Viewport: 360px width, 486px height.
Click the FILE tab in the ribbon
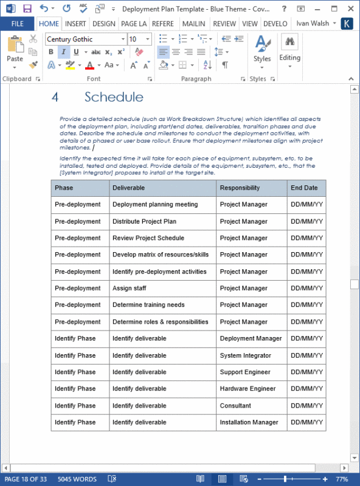17,24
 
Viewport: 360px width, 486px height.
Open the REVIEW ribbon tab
224,24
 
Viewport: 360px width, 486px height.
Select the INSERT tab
75,24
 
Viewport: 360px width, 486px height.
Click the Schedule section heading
114,97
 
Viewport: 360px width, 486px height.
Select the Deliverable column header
128,188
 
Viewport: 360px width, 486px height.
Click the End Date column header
304,188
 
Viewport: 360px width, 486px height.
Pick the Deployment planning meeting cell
155,205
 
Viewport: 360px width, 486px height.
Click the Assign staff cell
130,289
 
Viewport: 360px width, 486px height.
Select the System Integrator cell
245,355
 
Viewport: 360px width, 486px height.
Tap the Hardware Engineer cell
247,389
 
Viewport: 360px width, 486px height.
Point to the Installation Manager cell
249,422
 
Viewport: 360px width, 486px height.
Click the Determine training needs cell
148,305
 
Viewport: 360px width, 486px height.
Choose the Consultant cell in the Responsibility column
235,406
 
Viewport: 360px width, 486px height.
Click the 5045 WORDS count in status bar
77,479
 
